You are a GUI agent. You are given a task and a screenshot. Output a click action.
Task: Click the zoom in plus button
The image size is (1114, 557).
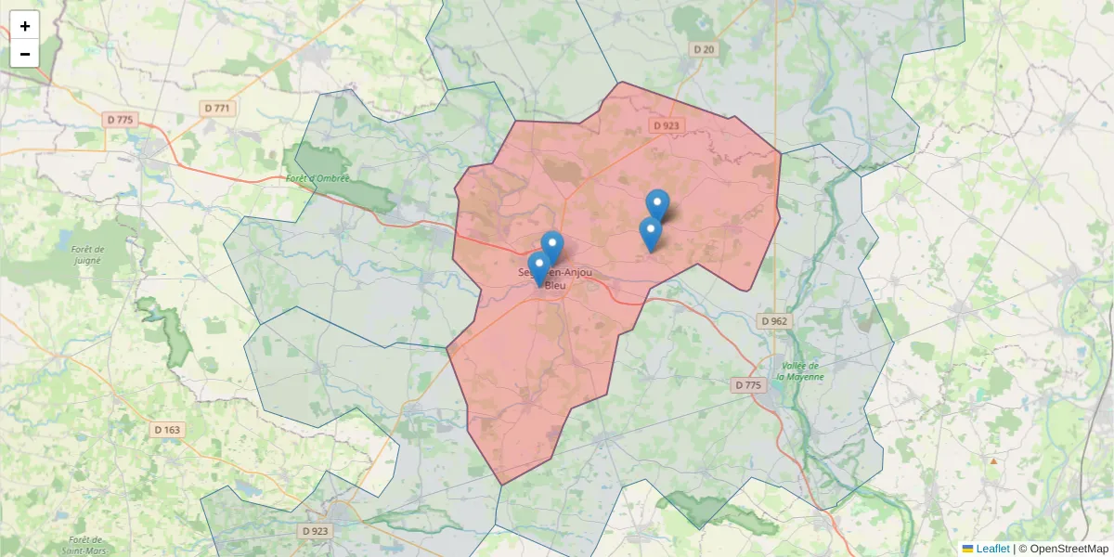tap(25, 26)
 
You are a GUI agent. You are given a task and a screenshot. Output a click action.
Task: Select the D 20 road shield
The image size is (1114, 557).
tap(704, 49)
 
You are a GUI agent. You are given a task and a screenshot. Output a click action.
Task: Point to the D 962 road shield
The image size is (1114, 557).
tap(773, 321)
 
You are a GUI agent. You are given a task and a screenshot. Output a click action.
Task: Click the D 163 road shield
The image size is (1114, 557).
tap(167, 430)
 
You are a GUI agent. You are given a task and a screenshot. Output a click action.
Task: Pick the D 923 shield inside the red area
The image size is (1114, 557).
tap(666, 125)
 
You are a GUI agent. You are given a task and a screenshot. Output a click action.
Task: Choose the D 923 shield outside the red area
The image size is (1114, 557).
tap(315, 531)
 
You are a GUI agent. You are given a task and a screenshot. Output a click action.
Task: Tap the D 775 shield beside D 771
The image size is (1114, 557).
tap(120, 119)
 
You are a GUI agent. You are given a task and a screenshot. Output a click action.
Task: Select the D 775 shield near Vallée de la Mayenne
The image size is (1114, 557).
tap(747, 385)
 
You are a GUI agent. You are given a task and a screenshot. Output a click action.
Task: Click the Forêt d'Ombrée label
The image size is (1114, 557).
tap(317, 177)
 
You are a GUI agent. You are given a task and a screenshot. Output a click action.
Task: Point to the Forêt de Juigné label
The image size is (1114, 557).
tap(87, 254)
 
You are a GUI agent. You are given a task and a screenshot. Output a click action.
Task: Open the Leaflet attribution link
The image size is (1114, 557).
tap(992, 549)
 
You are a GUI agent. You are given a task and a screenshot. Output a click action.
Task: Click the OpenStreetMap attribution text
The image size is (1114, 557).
tap(1069, 549)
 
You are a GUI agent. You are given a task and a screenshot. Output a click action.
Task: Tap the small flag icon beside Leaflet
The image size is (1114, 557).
tap(967, 549)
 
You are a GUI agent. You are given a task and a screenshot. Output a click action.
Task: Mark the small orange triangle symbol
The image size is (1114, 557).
tap(993, 460)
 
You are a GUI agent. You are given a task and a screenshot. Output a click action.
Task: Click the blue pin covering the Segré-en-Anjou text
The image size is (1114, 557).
tap(539, 267)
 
